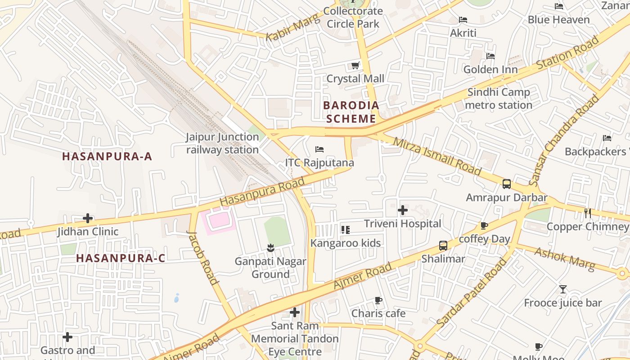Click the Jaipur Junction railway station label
pyautogui.click(x=223, y=143)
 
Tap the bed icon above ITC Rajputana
pyautogui.click(x=319, y=149)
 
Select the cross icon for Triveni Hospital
pyautogui.click(x=403, y=210)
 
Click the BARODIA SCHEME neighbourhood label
pyautogui.click(x=351, y=112)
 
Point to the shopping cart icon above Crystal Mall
pyautogui.click(x=355, y=66)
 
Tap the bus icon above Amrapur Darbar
pyautogui.click(x=507, y=184)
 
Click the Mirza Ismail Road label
pyautogui.click(x=437, y=156)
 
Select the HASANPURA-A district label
pyautogui.click(x=107, y=157)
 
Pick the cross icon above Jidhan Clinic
pyautogui.click(x=88, y=218)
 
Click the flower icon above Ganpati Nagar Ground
pyautogui.click(x=270, y=247)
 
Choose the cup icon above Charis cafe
pyautogui.click(x=378, y=300)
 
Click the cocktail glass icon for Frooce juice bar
pyautogui.click(x=562, y=289)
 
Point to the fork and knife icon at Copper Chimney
pyautogui.click(x=588, y=213)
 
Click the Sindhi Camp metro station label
pyautogui.click(x=499, y=99)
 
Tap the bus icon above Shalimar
pyautogui.click(x=443, y=245)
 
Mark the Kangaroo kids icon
pyautogui.click(x=346, y=230)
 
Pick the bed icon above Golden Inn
pyautogui.click(x=490, y=56)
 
